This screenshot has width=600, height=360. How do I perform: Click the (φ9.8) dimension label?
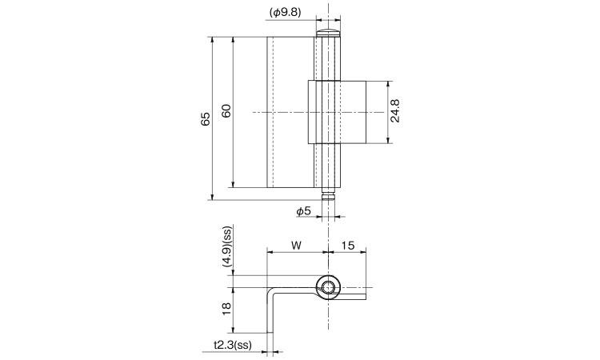click(x=286, y=12)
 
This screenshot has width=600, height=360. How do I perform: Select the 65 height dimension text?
click(x=206, y=119)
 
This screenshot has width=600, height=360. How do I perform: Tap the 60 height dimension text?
click(x=226, y=111)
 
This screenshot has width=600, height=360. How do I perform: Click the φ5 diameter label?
click(x=304, y=210)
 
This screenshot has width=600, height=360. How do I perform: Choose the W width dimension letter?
click(x=297, y=246)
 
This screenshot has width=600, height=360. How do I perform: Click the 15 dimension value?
click(x=348, y=246)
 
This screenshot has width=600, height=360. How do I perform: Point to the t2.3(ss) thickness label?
click(x=233, y=345)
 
